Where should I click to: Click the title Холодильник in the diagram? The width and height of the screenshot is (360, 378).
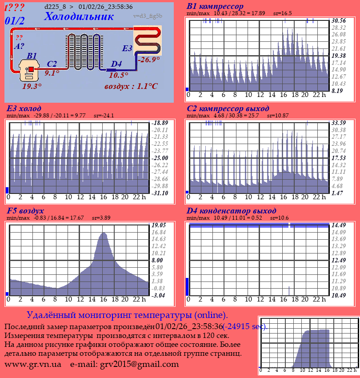pos(79,16)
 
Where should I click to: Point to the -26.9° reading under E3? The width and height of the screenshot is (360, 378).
pos(148,60)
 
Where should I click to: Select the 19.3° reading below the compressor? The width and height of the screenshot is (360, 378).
pos(32,86)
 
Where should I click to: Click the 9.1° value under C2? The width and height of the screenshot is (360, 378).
pos(52,73)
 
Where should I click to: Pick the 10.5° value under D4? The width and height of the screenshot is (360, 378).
pos(118,75)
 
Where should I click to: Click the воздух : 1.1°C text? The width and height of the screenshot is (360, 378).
pos(131,86)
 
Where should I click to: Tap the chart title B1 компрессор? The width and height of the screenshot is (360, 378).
pos(215,7)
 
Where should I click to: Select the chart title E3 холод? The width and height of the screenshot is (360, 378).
pos(24,109)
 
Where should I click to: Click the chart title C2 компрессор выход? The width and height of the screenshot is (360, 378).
pos(228,109)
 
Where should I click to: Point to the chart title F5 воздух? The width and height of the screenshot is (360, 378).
pos(25,210)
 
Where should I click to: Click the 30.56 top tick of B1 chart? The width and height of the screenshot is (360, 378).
pos(339,20)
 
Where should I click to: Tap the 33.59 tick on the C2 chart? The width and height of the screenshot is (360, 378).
pos(339,123)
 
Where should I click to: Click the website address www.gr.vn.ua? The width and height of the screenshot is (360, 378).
pos(33,364)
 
